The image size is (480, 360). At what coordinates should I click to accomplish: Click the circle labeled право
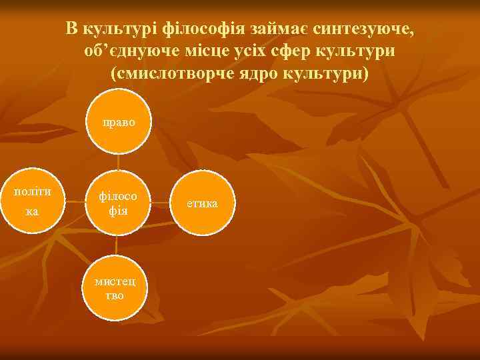point(118,124)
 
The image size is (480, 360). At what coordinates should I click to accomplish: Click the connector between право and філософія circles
point(118,163)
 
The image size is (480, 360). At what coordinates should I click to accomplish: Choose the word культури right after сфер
point(364,51)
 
